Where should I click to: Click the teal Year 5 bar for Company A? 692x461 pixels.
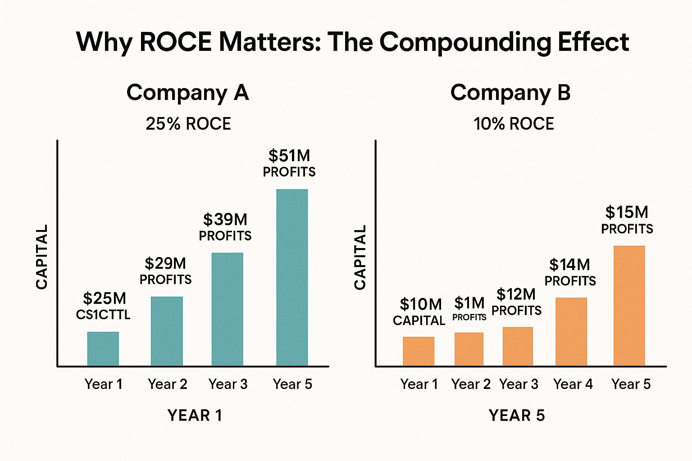[292, 277]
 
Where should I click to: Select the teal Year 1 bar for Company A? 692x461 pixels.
[103, 348]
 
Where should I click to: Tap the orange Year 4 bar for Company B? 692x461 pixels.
[571, 331]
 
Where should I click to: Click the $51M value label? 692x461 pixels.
[289, 156]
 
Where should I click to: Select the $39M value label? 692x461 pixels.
[225, 220]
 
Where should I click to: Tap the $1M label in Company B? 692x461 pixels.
[469, 303]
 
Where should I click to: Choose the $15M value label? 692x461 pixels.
[627, 212]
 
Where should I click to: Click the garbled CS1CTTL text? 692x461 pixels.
[103, 315]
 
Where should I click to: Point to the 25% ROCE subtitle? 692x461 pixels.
[188, 124]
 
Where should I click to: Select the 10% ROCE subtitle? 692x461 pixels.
[514, 124]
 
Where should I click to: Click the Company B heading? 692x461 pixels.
[510, 93]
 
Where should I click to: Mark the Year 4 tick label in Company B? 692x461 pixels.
[573, 384]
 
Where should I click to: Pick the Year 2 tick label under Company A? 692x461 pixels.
[167, 384]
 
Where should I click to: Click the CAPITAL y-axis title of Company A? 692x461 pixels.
[42, 257]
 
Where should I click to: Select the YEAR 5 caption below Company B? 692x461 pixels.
[517, 415]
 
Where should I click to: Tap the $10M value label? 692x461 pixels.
[421, 304]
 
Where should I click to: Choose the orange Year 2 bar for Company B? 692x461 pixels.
[469, 349]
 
